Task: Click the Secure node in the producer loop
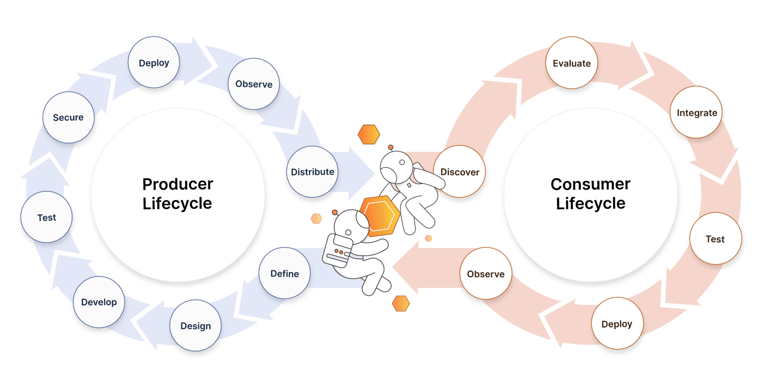click(x=68, y=117)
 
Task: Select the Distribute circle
click(x=312, y=172)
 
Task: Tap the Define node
click(x=285, y=273)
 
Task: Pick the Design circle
click(x=196, y=326)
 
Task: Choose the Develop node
click(x=99, y=302)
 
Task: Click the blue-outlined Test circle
click(x=47, y=217)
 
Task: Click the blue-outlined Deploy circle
click(x=154, y=62)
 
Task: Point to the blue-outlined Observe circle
click(x=254, y=84)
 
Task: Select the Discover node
click(x=460, y=172)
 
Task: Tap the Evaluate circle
click(x=571, y=63)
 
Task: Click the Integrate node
click(x=697, y=113)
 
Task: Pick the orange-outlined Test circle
click(x=715, y=239)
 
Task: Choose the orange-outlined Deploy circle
click(x=617, y=323)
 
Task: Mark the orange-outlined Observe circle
click(x=486, y=274)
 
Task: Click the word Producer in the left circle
click(x=178, y=184)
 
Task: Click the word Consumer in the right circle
click(x=590, y=184)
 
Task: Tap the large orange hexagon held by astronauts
click(x=380, y=216)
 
